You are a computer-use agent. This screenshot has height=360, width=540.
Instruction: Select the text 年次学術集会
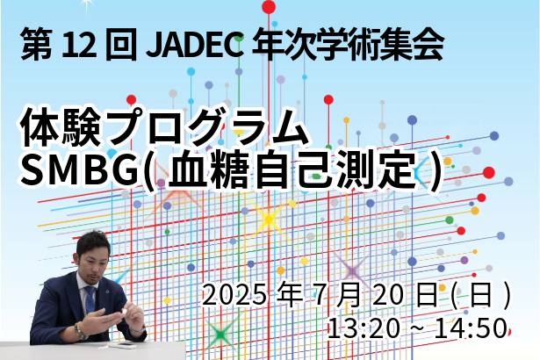348,45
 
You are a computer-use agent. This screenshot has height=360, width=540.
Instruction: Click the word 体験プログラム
163,126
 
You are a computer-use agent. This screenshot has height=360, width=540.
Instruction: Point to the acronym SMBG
78,170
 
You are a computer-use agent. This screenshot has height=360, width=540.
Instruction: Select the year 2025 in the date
234,295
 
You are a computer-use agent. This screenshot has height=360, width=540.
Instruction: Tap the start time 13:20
364,328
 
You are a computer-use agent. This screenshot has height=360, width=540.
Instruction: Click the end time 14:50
472,328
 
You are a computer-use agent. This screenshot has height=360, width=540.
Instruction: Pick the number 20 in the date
388,295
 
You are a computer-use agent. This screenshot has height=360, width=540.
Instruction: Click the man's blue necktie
90,299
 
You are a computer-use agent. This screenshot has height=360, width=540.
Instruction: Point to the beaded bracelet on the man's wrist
80,331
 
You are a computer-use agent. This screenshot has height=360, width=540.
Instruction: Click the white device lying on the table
120,345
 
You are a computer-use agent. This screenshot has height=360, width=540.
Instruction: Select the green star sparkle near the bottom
220,334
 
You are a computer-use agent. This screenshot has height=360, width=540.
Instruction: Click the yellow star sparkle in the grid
269,220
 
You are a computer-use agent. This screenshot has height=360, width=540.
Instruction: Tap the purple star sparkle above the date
352,271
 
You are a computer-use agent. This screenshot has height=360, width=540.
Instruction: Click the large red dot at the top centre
269,7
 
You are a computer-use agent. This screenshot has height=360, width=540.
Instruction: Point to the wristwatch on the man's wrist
139,330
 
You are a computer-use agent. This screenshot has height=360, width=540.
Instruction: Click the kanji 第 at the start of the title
37,45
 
